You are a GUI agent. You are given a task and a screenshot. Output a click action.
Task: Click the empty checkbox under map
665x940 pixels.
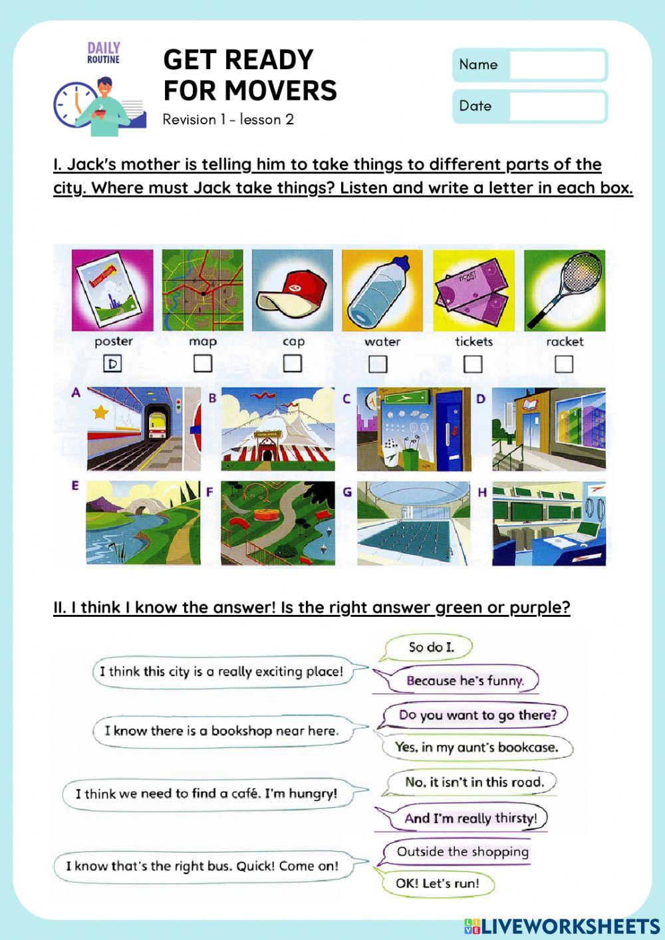(203, 363)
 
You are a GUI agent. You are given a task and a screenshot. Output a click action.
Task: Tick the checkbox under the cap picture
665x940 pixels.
(293, 363)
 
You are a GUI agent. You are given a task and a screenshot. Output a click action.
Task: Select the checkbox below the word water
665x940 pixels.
(378, 364)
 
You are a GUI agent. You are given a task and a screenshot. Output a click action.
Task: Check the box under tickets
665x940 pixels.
(473, 364)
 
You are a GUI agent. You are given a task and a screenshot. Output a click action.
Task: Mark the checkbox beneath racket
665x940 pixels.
(564, 364)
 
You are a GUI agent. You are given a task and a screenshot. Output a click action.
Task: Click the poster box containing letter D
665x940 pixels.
(113, 364)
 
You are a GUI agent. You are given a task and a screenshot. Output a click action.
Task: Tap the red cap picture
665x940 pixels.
(293, 291)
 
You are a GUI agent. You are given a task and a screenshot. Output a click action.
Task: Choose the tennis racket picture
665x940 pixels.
(565, 291)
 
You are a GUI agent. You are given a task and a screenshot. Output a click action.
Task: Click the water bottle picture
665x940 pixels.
(382, 291)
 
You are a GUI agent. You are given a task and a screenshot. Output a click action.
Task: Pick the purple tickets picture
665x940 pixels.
(473, 291)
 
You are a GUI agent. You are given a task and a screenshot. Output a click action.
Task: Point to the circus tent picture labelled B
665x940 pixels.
(278, 429)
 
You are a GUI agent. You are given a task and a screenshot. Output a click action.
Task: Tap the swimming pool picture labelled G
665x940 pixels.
(414, 524)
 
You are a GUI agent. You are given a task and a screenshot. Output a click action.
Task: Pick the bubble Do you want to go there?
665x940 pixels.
(477, 715)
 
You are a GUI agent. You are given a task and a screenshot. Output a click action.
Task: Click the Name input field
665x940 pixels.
(557, 65)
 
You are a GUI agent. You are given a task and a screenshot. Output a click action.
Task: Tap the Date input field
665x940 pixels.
(557, 106)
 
